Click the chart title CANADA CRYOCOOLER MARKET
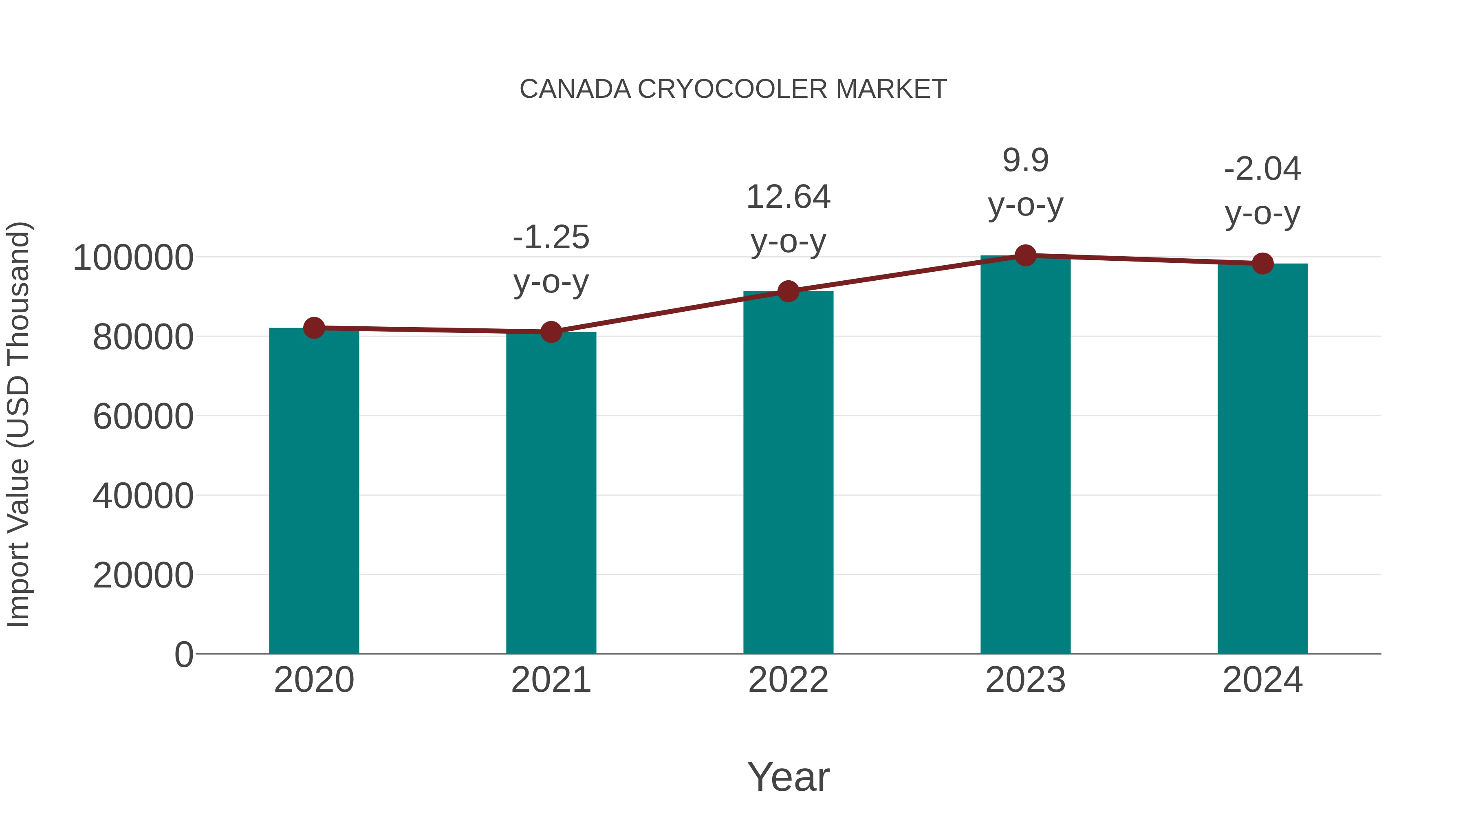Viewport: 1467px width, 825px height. click(x=733, y=89)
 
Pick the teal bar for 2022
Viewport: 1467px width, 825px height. click(x=788, y=473)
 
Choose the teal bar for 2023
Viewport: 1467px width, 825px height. click(x=1025, y=455)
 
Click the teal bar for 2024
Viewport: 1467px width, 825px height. click(x=1262, y=459)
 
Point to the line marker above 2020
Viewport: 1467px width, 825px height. click(x=314, y=328)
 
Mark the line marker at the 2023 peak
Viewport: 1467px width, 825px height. click(x=1025, y=255)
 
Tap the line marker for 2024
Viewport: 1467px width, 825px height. click(x=1262, y=264)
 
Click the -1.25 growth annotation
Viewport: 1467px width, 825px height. click(x=551, y=238)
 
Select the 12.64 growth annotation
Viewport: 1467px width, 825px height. click(x=788, y=198)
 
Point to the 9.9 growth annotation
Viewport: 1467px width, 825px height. click(x=1025, y=161)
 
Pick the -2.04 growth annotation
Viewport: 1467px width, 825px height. click(x=1262, y=169)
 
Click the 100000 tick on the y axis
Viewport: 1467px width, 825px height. click(x=133, y=258)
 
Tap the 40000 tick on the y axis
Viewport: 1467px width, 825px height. click(x=143, y=496)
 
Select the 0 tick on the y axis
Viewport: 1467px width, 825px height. click(x=183, y=654)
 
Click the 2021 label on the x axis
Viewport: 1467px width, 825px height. click(x=551, y=680)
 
